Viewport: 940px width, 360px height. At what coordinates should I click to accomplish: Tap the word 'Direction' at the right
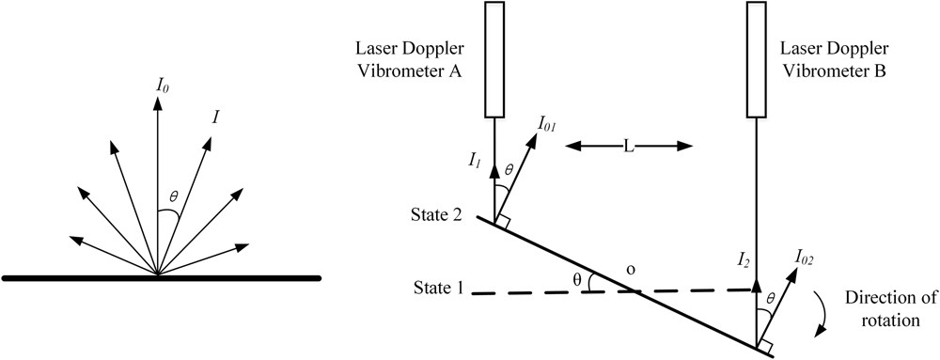pos(885,298)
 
